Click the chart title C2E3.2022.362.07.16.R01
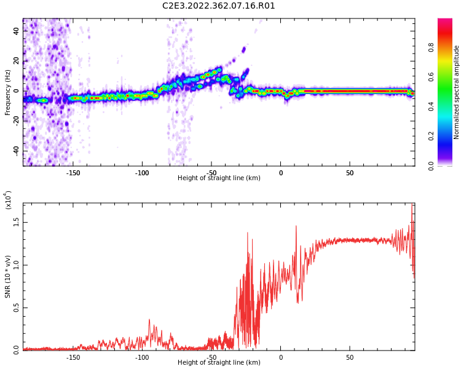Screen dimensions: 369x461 (x=219, y=6)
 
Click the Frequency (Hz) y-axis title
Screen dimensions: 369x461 (x=8, y=92)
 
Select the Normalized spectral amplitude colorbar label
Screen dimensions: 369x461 (x=457, y=92)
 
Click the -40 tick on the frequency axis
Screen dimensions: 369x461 (x=16, y=151)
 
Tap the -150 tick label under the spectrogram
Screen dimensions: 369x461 (x=73, y=172)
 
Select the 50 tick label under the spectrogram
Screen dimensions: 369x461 (x=349, y=172)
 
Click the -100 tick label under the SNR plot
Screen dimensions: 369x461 (x=142, y=357)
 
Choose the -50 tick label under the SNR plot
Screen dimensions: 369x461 (x=211, y=357)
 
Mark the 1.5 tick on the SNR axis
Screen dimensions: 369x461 (x=16, y=223)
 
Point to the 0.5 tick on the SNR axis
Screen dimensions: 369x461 (x=16, y=307)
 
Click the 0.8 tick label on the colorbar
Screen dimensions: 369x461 (x=448, y=47)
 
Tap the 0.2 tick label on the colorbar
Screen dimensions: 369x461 (x=448, y=136)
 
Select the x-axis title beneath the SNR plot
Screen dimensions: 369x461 (x=219, y=363)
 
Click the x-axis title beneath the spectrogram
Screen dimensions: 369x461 (x=219, y=178)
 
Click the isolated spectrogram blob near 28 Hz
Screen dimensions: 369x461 (x=244, y=49)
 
